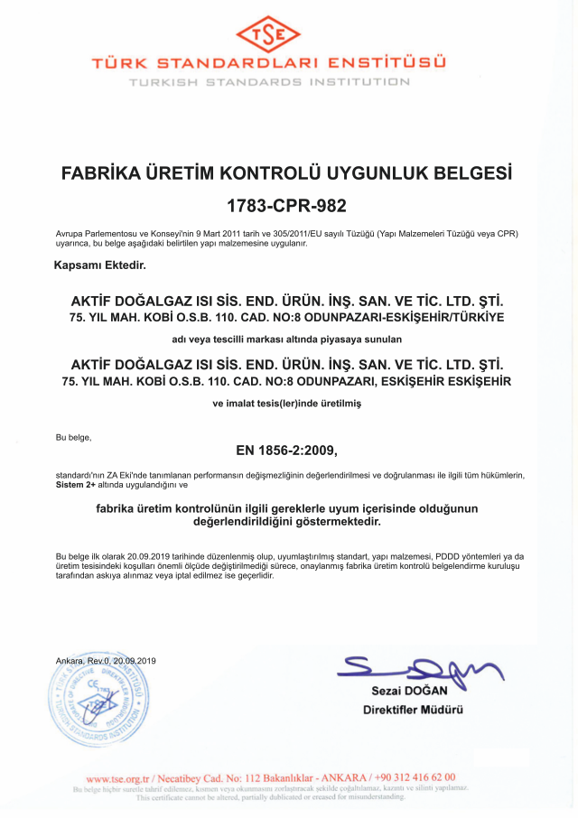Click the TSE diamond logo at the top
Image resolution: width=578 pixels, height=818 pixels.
pyautogui.click(x=280, y=34)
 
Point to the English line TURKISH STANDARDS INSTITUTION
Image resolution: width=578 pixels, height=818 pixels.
pyautogui.click(x=269, y=82)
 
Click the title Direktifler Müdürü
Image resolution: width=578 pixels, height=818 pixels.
pyautogui.click(x=413, y=709)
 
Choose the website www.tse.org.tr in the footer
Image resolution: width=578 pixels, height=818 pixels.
pyautogui.click(x=117, y=776)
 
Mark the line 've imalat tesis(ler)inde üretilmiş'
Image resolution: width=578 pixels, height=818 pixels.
pyautogui.click(x=285, y=404)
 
